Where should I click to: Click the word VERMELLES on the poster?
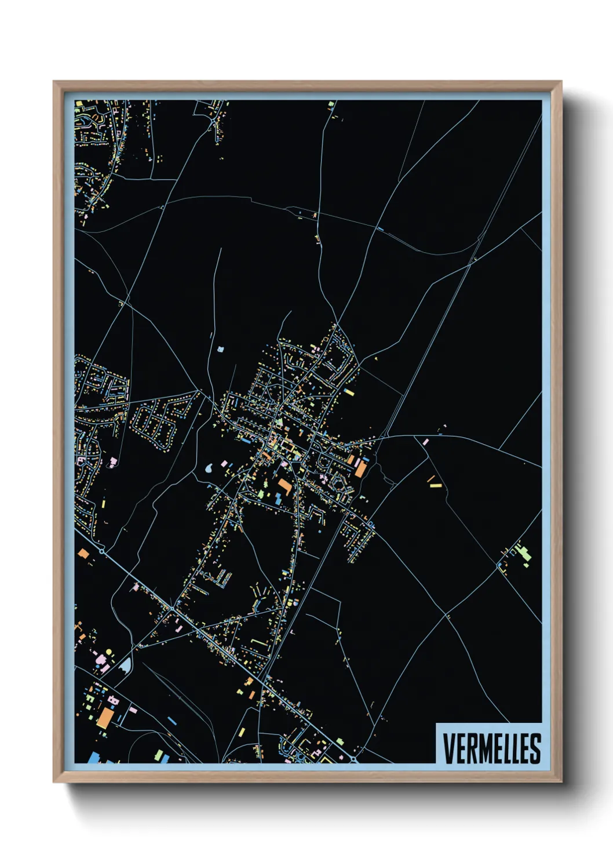point(492,748)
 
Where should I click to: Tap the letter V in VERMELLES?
point(448,749)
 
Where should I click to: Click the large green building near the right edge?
point(525,554)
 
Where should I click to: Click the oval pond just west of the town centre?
point(210,467)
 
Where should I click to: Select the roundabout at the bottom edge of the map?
point(353,758)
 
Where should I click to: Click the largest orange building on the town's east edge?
point(360,468)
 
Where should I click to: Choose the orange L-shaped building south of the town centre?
point(284,485)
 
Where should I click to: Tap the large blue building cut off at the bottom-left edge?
point(93,758)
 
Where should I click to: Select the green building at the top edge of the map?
point(331,104)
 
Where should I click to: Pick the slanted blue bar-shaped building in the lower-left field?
point(172,721)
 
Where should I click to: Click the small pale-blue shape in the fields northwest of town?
point(220,349)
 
